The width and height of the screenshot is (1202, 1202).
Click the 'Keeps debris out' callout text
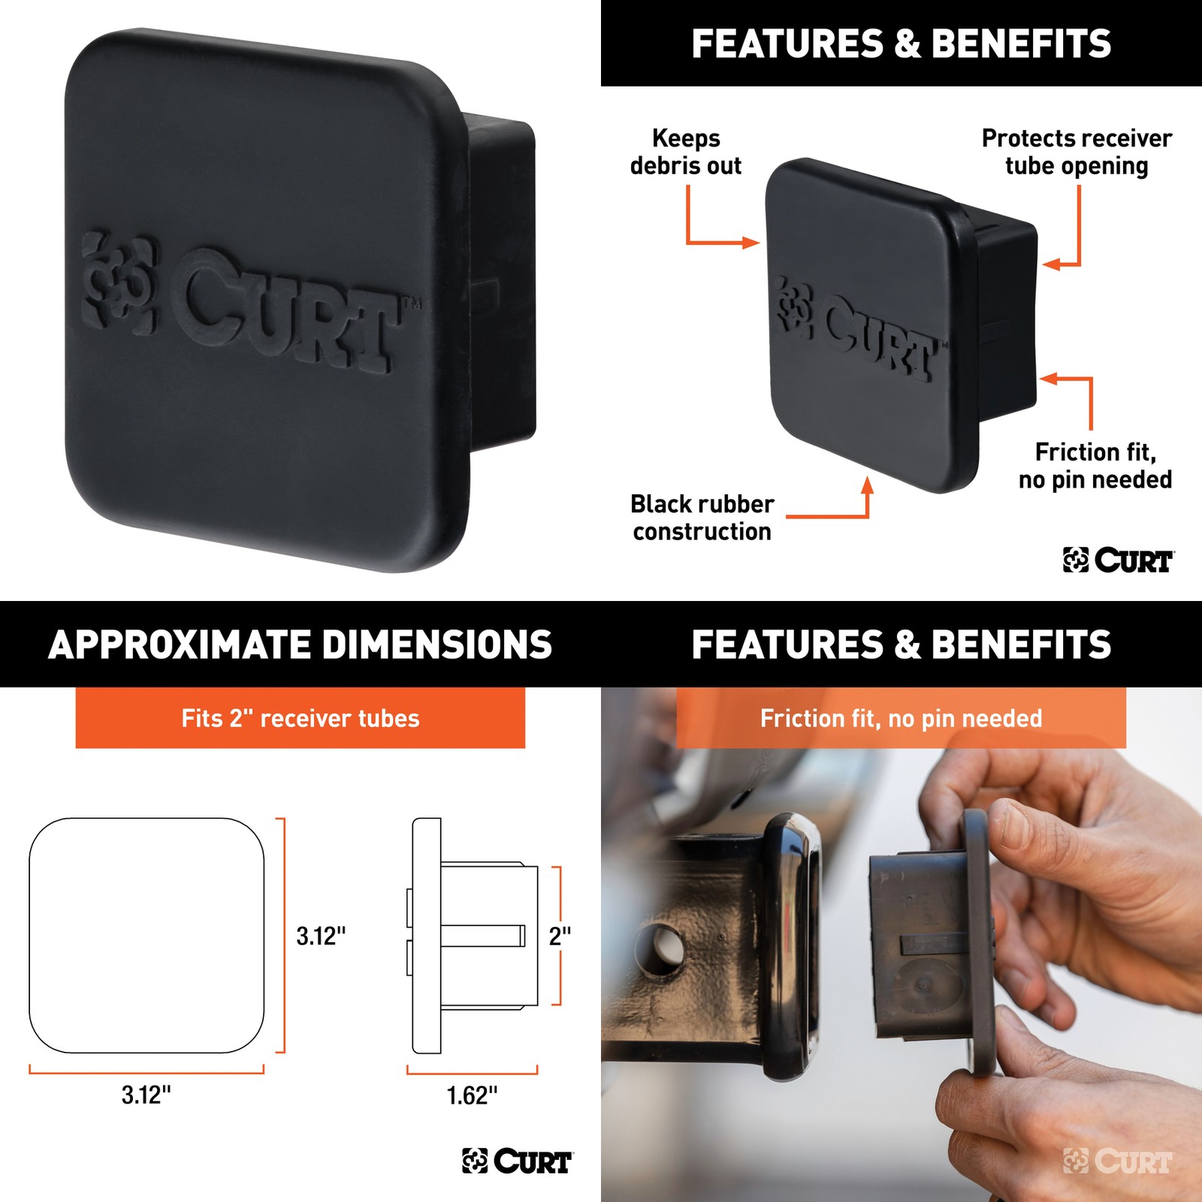click(x=686, y=152)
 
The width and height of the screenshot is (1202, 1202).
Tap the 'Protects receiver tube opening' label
click(x=1077, y=152)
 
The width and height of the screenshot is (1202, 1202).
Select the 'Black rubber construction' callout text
click(x=702, y=518)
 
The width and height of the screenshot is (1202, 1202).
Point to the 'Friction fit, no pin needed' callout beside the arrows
click(x=1095, y=466)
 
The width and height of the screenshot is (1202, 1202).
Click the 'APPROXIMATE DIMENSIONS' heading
click(x=300, y=645)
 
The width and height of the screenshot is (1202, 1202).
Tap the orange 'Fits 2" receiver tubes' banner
click(x=300, y=718)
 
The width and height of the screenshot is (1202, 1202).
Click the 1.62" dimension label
click(x=472, y=1095)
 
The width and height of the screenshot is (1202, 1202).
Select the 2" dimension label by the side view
click(x=560, y=936)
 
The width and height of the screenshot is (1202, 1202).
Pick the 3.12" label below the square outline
click(x=146, y=1095)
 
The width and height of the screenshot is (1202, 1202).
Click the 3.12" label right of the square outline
click(x=321, y=936)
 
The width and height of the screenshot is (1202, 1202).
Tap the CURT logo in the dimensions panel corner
click(x=518, y=1161)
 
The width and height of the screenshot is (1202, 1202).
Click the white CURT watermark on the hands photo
click(x=1118, y=1161)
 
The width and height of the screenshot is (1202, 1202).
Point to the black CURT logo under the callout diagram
click(x=1119, y=560)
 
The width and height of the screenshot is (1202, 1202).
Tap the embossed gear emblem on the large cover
click(x=119, y=282)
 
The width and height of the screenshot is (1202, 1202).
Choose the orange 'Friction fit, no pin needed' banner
click(x=901, y=718)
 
